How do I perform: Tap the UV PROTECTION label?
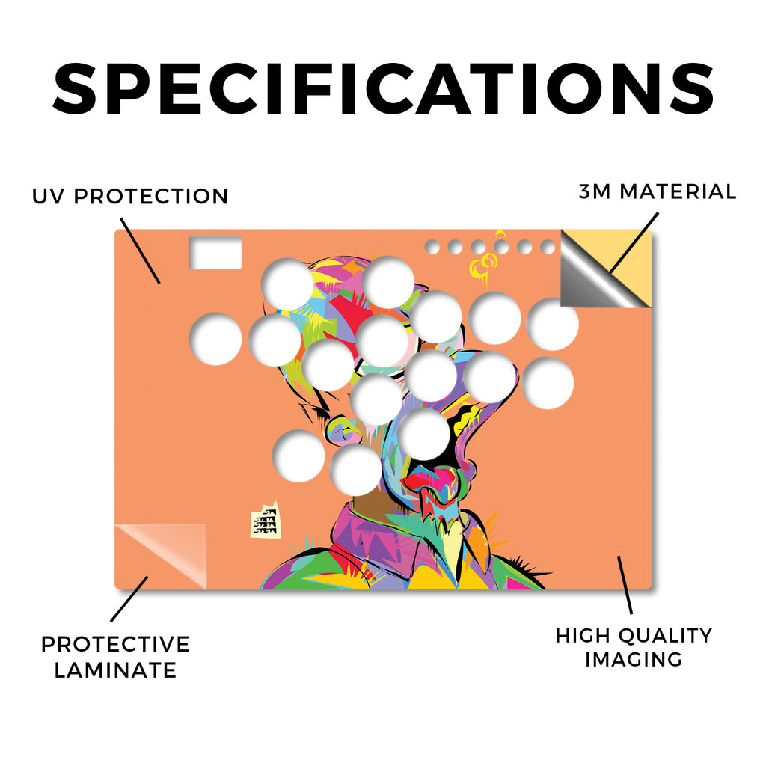(130, 197)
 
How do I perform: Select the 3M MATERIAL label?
(658, 191)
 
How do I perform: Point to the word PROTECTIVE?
(115, 644)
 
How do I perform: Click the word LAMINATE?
(115, 670)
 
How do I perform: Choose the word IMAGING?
(634, 660)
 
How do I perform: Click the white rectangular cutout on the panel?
(215, 253)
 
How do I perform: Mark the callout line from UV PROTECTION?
(140, 251)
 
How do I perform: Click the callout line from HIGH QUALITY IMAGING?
(625, 585)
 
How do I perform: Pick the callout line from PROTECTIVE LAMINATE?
(129, 599)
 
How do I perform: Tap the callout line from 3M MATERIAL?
(634, 242)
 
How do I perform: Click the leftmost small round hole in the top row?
(432, 247)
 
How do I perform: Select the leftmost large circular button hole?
(215, 340)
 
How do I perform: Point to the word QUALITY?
(665, 636)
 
